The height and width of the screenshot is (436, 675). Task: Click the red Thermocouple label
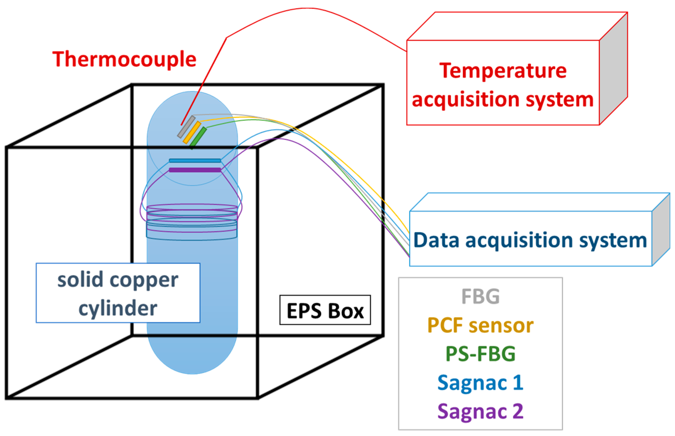pyautogui.click(x=124, y=59)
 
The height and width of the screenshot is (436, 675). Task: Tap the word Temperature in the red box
pyautogui.click(x=503, y=71)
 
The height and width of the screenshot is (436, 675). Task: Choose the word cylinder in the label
pyautogui.click(x=118, y=308)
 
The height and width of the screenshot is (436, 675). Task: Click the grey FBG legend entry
pyautogui.click(x=480, y=296)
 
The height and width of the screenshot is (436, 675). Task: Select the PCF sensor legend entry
pyautogui.click(x=480, y=325)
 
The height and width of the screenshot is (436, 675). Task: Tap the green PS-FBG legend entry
pyautogui.click(x=480, y=354)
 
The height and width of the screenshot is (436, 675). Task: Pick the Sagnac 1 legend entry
pyautogui.click(x=480, y=383)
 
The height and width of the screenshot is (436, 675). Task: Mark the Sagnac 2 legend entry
pyautogui.click(x=480, y=411)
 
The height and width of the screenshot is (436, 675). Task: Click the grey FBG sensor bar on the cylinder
pyautogui.click(x=186, y=127)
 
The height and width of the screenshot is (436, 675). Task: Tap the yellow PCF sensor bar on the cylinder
pyautogui.click(x=192, y=132)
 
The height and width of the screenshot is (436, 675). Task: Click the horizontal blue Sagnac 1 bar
pyautogui.click(x=195, y=161)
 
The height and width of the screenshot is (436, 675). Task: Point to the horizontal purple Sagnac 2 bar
pyautogui.click(x=195, y=170)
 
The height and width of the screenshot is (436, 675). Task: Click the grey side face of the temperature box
pyautogui.click(x=614, y=68)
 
